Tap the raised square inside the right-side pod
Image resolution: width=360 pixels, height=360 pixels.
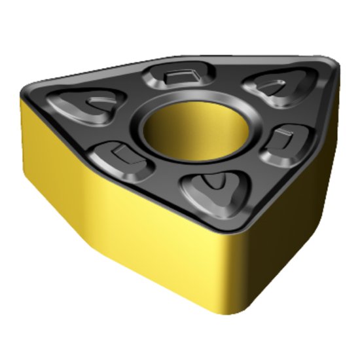283,139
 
